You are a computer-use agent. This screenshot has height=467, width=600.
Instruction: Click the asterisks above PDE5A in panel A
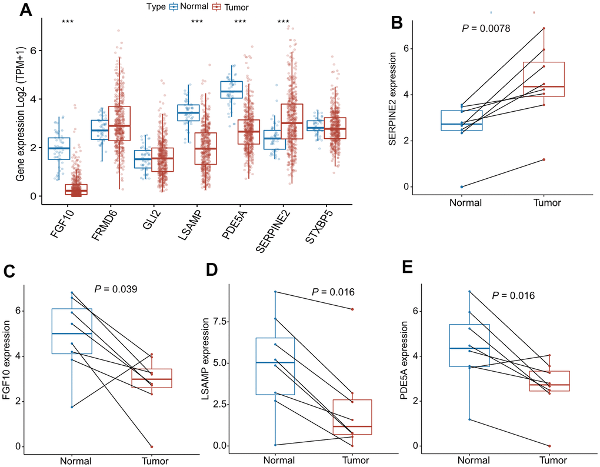[240, 23]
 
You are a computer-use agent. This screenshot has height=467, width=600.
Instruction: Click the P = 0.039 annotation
[116, 288]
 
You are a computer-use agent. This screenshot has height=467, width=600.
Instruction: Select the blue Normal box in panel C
[72, 331]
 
